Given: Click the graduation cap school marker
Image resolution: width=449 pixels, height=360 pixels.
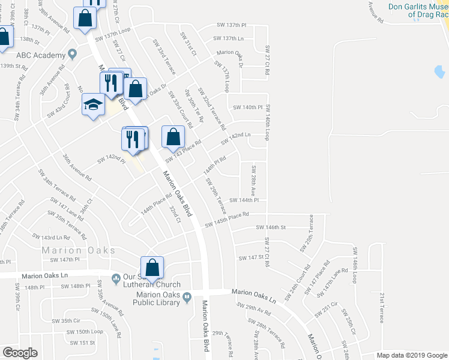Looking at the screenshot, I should tap(93, 106).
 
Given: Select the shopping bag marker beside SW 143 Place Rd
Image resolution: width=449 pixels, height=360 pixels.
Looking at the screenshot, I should tap(173, 137).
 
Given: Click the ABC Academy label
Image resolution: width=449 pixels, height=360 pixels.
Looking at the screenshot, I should tap(40, 55).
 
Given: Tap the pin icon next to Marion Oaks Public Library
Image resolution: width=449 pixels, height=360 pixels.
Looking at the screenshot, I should tap(187, 296).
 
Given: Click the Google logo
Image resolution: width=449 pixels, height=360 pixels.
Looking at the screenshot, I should tap(20, 353).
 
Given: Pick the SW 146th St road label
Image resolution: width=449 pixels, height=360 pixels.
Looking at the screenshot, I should tap(271, 227).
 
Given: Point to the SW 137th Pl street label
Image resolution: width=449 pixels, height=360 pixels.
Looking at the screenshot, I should tap(232, 26).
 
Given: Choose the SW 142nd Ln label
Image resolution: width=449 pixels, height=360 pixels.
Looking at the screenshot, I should tap(235, 138).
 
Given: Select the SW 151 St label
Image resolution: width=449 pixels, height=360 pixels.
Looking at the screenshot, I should tap(82, 343).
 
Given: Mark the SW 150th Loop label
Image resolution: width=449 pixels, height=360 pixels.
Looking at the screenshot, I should tap(85, 331).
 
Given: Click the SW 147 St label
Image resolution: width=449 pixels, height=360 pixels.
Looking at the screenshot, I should tap(252, 257).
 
